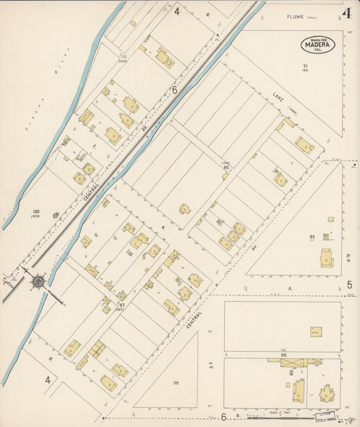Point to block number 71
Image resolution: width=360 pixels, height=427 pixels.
click(306, 65)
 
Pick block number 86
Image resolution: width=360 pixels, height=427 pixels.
click(312, 236)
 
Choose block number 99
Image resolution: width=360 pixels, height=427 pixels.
click(284, 355)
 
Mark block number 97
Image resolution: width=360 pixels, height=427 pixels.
click(122, 305)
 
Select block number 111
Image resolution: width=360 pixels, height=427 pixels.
click(124, 56)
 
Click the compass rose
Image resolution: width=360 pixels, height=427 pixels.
click(38, 279)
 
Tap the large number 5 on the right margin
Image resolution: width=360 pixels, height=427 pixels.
click(349, 285)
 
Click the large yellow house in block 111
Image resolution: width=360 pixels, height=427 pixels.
click(164, 57)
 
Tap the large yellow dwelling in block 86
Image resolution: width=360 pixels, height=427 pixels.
click(327, 257)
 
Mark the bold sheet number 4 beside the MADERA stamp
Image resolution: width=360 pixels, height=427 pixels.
click(346, 14)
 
